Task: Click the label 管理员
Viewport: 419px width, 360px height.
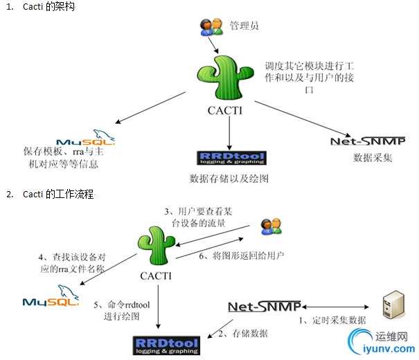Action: (244, 26)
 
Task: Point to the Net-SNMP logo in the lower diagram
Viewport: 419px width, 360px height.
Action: (264, 306)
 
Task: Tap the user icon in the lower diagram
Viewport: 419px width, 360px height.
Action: (269, 226)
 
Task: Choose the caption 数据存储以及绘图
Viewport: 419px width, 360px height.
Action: (229, 179)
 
